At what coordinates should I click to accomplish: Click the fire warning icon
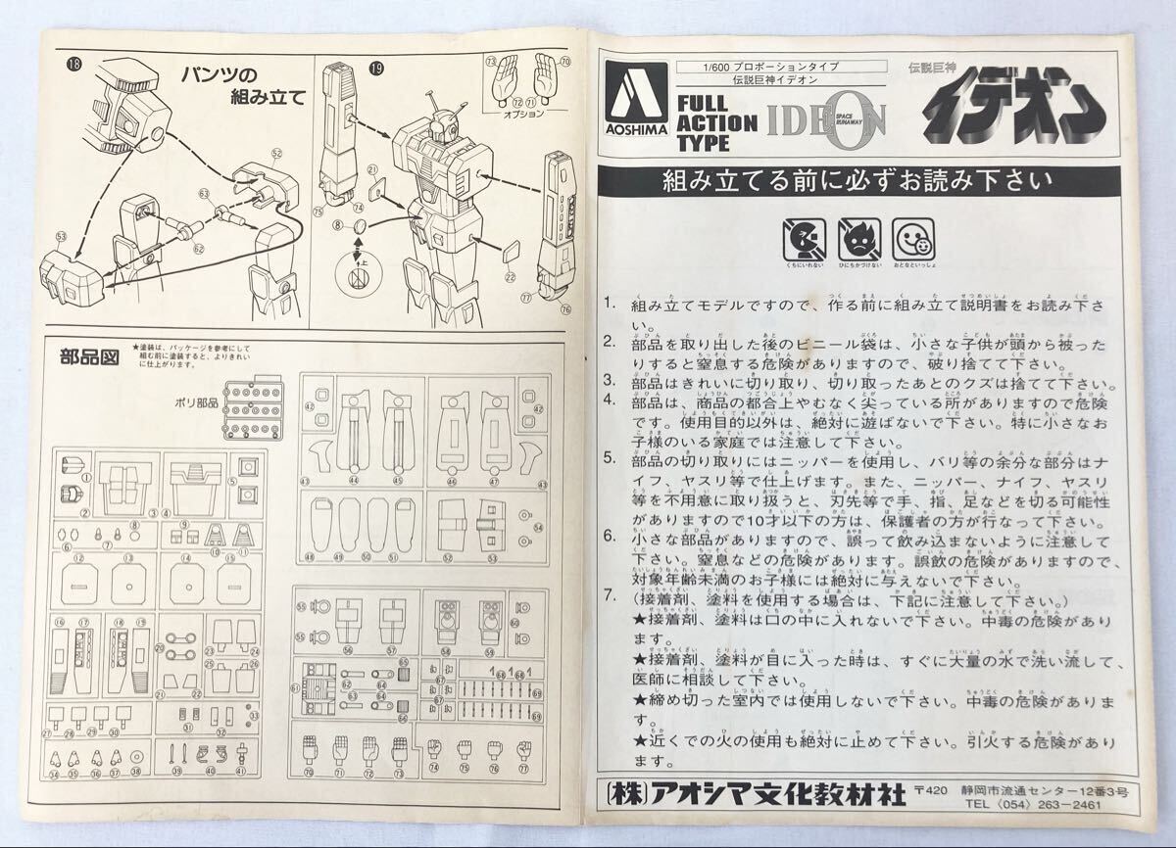click(858, 237)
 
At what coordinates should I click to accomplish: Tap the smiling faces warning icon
click(912, 237)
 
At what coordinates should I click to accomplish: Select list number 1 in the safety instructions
click(610, 305)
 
